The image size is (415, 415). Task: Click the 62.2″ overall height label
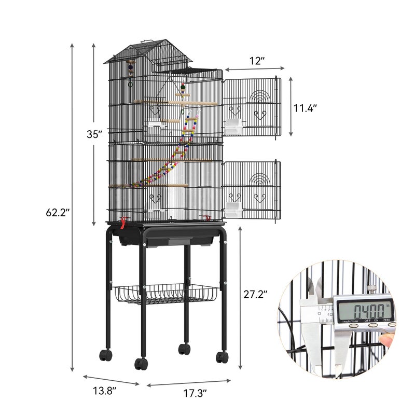pyautogui.click(x=58, y=212)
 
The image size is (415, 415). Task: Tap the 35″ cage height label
pyautogui.click(x=94, y=134)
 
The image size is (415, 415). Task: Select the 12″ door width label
pyautogui.click(x=257, y=61)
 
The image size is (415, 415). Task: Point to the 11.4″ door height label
pyautogui.click(x=305, y=108)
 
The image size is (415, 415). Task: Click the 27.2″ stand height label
pyautogui.click(x=255, y=294)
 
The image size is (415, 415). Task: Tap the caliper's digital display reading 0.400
pyautogui.click(x=365, y=310)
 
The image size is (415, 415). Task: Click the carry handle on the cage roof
pyautogui.click(x=147, y=41)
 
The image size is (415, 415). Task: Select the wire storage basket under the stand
pyautogui.click(x=165, y=294)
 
